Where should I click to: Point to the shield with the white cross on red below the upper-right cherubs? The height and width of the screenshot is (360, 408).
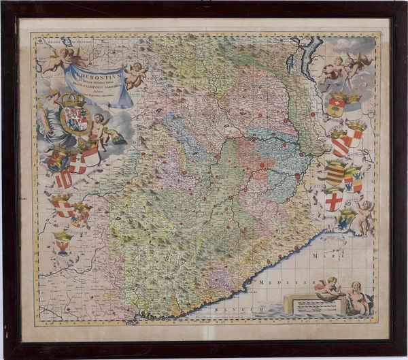[x=335, y=106]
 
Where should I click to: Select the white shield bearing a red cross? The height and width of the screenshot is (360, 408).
[x=333, y=201]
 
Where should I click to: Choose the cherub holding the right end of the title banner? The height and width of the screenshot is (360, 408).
[x=135, y=76]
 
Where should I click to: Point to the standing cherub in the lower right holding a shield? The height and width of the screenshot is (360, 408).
[x=364, y=215]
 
